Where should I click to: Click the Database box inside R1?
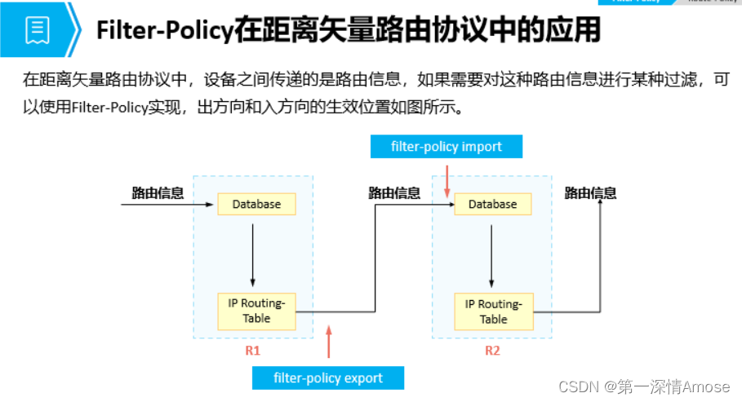[256, 204]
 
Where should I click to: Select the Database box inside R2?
[492, 204]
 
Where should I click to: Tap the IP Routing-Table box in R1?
[256, 311]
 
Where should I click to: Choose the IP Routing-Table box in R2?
[492, 311]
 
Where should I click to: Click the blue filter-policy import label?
[446, 147]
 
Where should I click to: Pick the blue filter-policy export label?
[328, 378]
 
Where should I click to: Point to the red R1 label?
[252, 351]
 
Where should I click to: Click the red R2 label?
[492, 351]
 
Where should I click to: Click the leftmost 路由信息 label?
[158, 193]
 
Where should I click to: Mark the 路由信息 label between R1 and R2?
[394, 193]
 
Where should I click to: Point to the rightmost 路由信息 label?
[590, 193]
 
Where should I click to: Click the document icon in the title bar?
[38, 30]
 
